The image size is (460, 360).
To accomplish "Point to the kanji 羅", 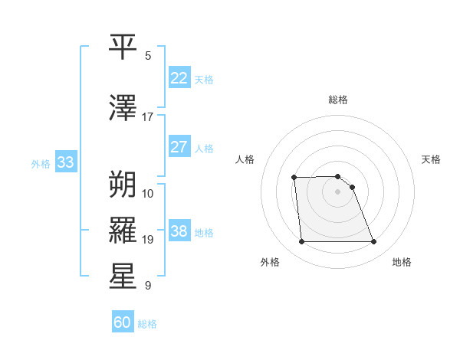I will tap(123, 230).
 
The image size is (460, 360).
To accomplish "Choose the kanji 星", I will tap(123, 277).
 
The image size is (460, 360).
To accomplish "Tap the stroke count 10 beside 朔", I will tap(148, 193).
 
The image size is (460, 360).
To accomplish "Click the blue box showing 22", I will tap(179, 78).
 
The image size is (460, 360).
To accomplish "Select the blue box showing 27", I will tap(179, 147).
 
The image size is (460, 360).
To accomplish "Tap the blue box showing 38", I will tap(179, 231).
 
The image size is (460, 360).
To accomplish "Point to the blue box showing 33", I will tap(65, 162).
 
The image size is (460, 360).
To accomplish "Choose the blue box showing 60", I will tap(123, 322).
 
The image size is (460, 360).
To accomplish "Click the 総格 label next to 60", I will tap(147, 324).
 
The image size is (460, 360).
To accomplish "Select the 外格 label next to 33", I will tap(41, 163).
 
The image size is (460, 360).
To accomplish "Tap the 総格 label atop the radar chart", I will tap(337, 100).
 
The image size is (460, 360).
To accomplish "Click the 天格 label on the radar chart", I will tap(431, 159).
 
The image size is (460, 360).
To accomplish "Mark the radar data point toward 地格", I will tap(373, 242).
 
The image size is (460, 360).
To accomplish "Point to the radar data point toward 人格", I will tap(294, 178).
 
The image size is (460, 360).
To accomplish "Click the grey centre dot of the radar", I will tap(337, 191).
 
